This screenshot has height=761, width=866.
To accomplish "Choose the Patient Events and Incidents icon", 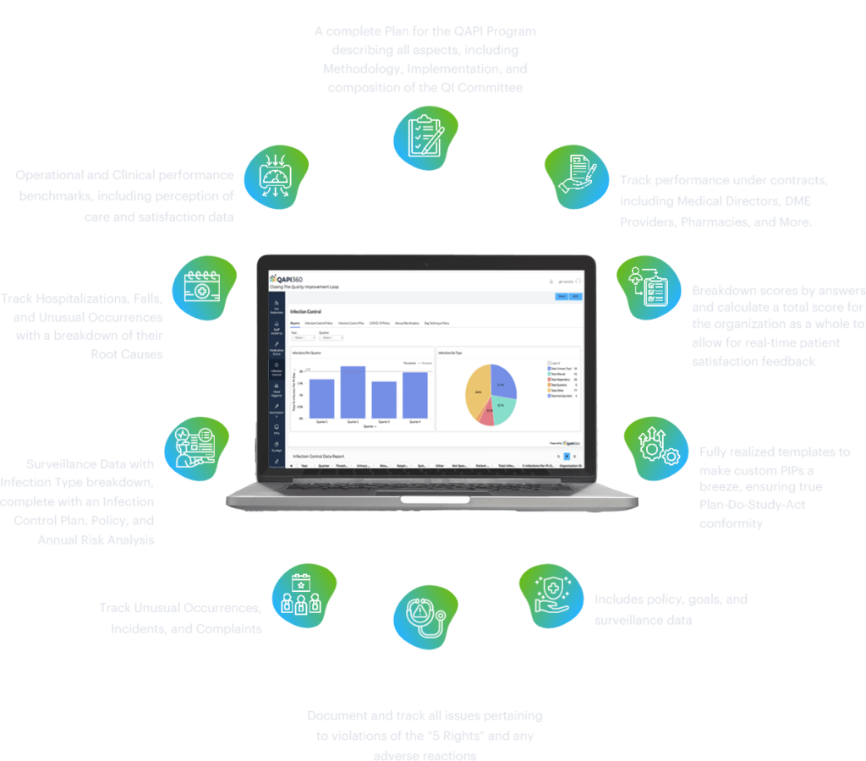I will [202, 285].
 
